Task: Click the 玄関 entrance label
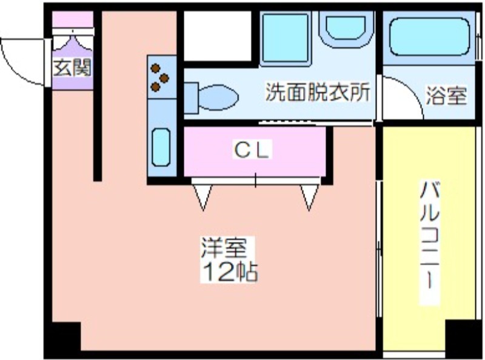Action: pos(72,67)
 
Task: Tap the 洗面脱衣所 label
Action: pos(318,92)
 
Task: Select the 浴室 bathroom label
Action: pos(446,96)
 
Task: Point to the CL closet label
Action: pos(252,150)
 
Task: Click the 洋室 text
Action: pos(224,247)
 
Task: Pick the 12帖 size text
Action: pos(230,272)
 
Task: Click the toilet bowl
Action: pos(218,98)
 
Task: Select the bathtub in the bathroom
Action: pos(429,37)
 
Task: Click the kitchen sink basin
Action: pos(161,147)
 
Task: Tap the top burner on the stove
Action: pos(155,68)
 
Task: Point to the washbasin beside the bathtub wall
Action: pos(346,28)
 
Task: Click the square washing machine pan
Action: pos(285,38)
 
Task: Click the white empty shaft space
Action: pos(218,36)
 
